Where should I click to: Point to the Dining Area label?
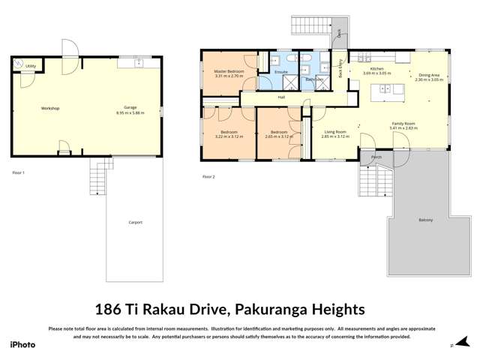[430, 74]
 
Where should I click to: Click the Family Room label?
[403, 124]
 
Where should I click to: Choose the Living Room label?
[334, 132]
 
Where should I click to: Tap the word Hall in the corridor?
[281, 97]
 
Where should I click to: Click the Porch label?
[376, 157]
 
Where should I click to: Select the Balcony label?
[425, 220]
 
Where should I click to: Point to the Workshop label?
[49, 109]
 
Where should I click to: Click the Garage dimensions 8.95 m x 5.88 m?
[130, 113]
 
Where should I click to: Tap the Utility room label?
[31, 67]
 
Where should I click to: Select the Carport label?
[135, 222]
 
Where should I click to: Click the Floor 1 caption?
[19, 173]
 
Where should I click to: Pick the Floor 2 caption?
[208, 177]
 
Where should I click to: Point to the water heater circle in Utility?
[19, 64]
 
